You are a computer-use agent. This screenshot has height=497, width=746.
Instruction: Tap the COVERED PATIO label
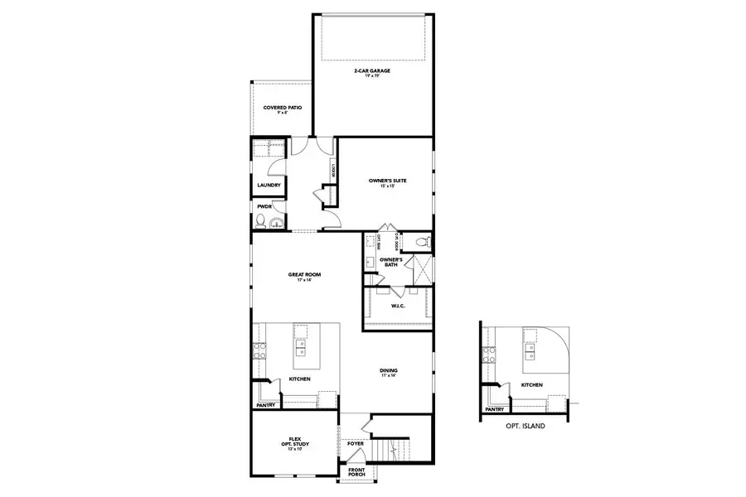282,109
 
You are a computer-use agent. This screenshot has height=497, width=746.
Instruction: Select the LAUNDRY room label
268,186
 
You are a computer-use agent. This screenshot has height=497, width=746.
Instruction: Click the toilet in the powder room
260,220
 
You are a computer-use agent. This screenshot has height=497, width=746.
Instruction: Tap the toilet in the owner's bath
421,242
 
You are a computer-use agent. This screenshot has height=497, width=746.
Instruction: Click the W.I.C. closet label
397,306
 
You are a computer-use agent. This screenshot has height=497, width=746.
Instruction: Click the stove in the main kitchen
259,350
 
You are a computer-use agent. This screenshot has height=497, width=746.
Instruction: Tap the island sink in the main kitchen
300,350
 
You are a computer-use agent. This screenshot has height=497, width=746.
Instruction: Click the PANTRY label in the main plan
265,405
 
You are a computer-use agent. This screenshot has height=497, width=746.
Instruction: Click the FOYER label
356,444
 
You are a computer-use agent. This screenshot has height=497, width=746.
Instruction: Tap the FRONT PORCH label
356,472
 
